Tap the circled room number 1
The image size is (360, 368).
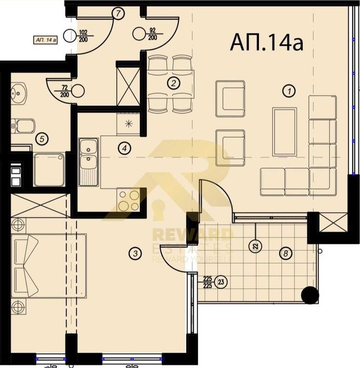(x=288, y=91)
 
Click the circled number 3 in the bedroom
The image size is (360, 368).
(x=124, y=148)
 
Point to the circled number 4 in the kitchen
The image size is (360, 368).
(x=42, y=139)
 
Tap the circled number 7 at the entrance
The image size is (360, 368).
(x=119, y=14)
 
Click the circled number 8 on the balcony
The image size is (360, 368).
(x=285, y=253)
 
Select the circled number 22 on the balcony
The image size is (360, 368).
(x=256, y=245)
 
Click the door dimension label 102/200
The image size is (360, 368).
(x=83, y=34)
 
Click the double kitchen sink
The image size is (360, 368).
(x=88, y=161)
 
